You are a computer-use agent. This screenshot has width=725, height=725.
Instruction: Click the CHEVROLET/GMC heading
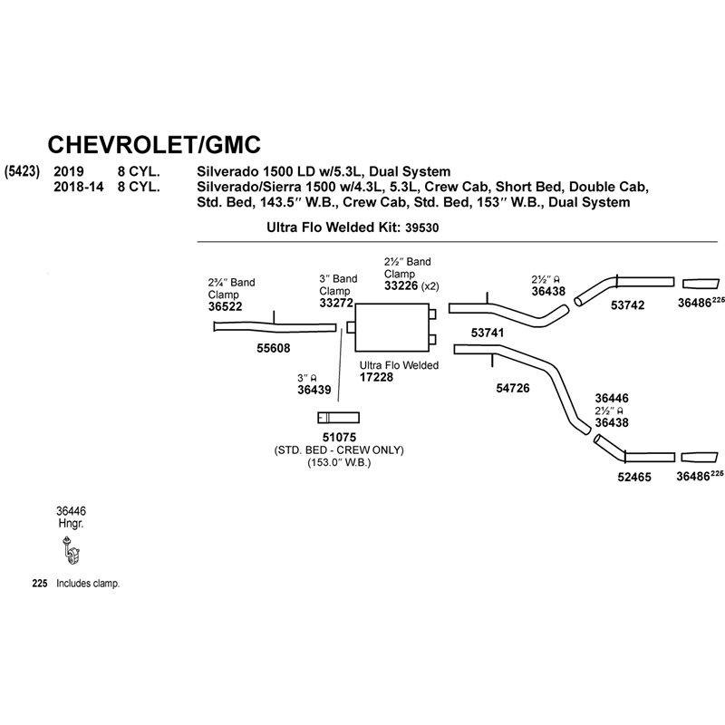click(154, 145)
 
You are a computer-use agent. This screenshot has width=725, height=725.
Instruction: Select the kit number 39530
click(421, 227)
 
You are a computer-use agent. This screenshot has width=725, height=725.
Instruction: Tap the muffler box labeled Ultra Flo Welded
click(391, 327)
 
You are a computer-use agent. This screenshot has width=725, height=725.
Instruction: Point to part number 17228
click(376, 377)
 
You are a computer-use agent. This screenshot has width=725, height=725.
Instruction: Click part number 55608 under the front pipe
click(274, 348)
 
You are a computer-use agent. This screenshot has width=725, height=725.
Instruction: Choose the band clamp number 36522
click(225, 306)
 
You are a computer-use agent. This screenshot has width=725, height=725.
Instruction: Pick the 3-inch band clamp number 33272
click(336, 303)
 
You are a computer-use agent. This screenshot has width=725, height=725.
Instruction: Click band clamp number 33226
click(401, 285)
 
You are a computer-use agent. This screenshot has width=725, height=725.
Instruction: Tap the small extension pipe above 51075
click(338, 418)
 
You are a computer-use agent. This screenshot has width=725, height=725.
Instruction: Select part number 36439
click(314, 390)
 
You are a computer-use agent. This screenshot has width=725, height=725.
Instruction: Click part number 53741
click(488, 333)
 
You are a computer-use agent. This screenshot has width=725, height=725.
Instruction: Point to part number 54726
click(513, 388)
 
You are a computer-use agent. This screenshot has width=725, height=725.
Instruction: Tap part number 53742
click(627, 305)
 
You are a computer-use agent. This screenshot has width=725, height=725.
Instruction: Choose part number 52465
click(634, 478)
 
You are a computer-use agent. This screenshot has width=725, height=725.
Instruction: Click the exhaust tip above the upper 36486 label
click(701, 284)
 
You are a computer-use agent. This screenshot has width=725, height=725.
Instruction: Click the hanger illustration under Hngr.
click(71, 551)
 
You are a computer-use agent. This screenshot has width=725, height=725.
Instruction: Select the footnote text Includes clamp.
click(88, 584)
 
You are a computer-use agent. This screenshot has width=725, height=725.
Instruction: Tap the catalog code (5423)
click(22, 171)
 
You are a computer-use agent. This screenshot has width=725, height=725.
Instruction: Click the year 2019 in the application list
click(69, 171)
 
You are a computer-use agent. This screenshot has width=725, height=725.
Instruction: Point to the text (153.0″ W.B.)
click(339, 462)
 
